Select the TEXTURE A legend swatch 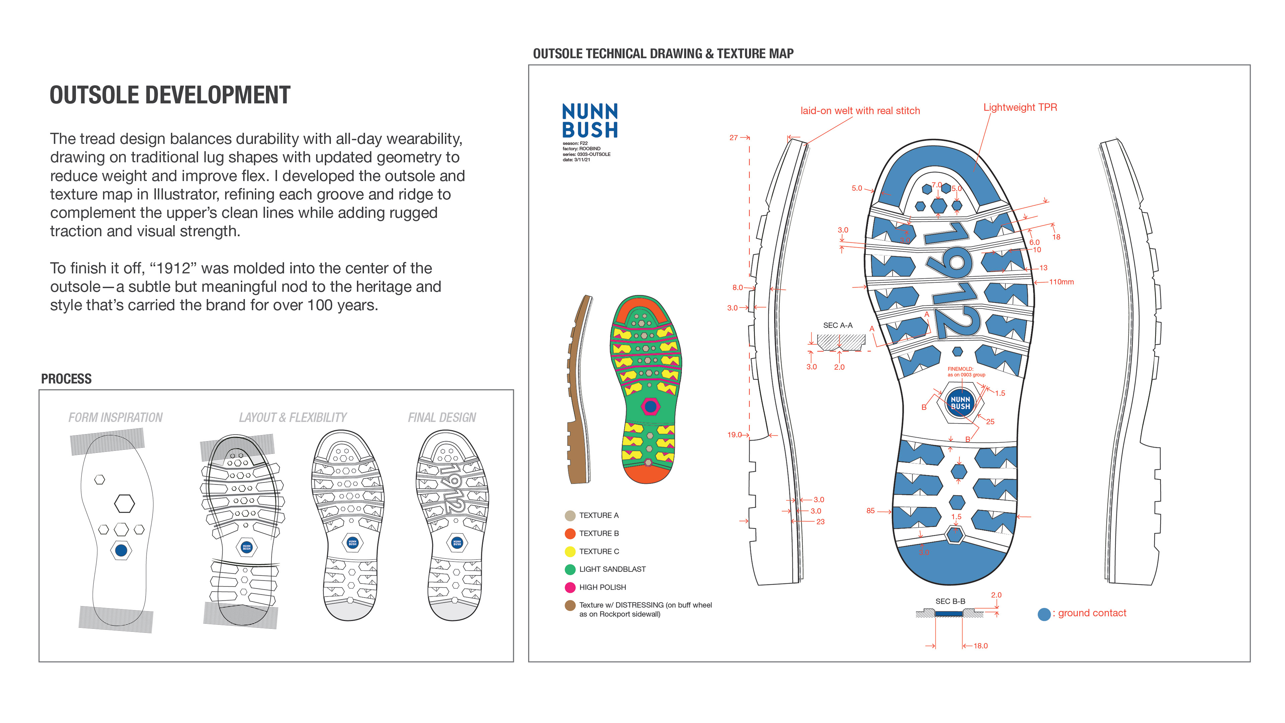click(x=570, y=515)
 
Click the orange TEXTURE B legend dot click(x=570, y=534)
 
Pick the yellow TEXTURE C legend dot click(x=570, y=551)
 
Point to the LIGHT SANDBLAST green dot click(x=570, y=569)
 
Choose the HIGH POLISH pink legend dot click(x=570, y=587)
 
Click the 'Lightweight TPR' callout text click(x=1020, y=107)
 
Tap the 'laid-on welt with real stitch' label click(x=860, y=111)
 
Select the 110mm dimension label click(x=1061, y=282)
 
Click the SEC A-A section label click(x=838, y=325)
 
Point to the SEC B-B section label click(x=950, y=601)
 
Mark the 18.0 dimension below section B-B click(x=980, y=646)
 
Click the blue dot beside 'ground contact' click(x=1044, y=614)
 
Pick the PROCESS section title click(x=66, y=379)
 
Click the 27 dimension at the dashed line click(x=733, y=138)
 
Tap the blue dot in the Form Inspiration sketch click(x=121, y=550)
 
